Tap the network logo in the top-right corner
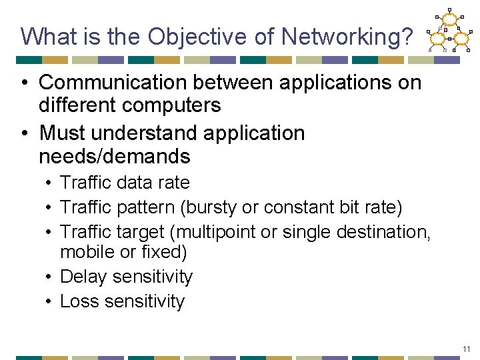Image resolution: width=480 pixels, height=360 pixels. point(448,30)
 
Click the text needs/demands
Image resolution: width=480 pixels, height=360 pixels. point(115,157)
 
